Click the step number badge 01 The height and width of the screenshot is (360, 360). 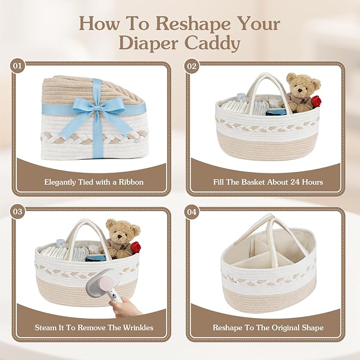[17, 66]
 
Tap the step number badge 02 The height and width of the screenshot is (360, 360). [192, 66]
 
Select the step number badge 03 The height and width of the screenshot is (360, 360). [17, 212]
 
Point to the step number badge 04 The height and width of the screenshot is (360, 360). [192, 212]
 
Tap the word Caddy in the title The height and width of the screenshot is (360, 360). [213, 43]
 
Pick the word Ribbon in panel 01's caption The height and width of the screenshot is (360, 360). [131, 182]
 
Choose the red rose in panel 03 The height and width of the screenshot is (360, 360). [136, 247]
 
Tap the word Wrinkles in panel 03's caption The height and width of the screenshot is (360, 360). [138, 328]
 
